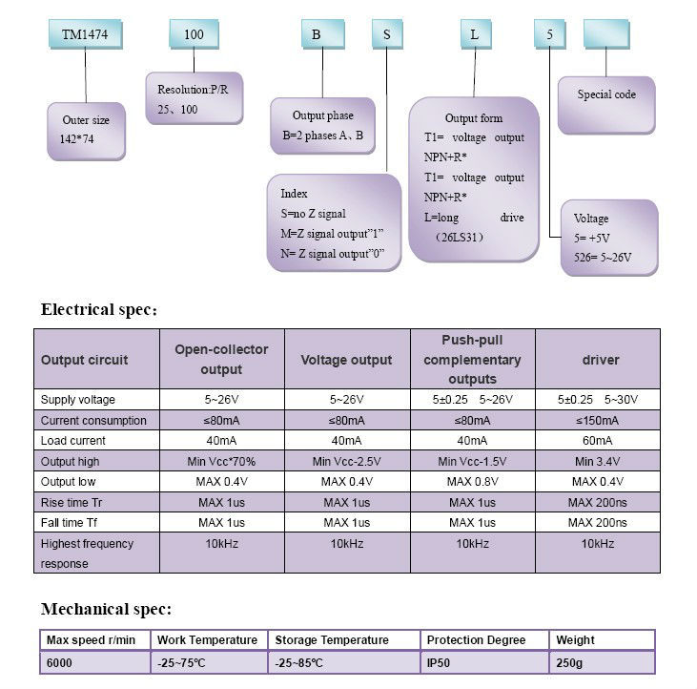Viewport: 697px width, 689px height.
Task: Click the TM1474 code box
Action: pyautogui.click(x=84, y=34)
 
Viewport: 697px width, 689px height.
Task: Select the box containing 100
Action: pyautogui.click(x=194, y=34)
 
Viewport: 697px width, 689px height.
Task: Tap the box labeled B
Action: pyautogui.click(x=316, y=34)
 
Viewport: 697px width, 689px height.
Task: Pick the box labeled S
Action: pyautogui.click(x=387, y=34)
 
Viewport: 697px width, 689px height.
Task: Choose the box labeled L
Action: pyautogui.click(x=475, y=34)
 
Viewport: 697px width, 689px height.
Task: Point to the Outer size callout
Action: pyautogui.click(x=86, y=130)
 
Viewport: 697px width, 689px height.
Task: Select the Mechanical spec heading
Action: pyautogui.click(x=106, y=609)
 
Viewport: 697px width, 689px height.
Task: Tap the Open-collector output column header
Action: pyautogui.click(x=221, y=360)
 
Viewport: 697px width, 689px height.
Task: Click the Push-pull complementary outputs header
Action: pyautogui.click(x=473, y=360)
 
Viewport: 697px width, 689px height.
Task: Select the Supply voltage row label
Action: pyautogui.click(x=78, y=400)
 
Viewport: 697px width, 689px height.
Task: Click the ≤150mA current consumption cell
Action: pyautogui.click(x=598, y=421)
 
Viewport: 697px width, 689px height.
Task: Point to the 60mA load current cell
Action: pyautogui.click(x=598, y=441)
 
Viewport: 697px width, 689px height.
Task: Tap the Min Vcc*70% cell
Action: pyautogui.click(x=221, y=462)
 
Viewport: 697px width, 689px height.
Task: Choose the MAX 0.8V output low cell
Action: pyautogui.click(x=473, y=482)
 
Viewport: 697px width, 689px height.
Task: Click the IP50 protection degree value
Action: pyautogui.click(x=440, y=662)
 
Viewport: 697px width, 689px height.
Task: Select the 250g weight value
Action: pyautogui.click(x=569, y=662)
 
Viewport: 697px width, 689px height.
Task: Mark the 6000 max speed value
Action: pyautogui.click(x=60, y=662)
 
